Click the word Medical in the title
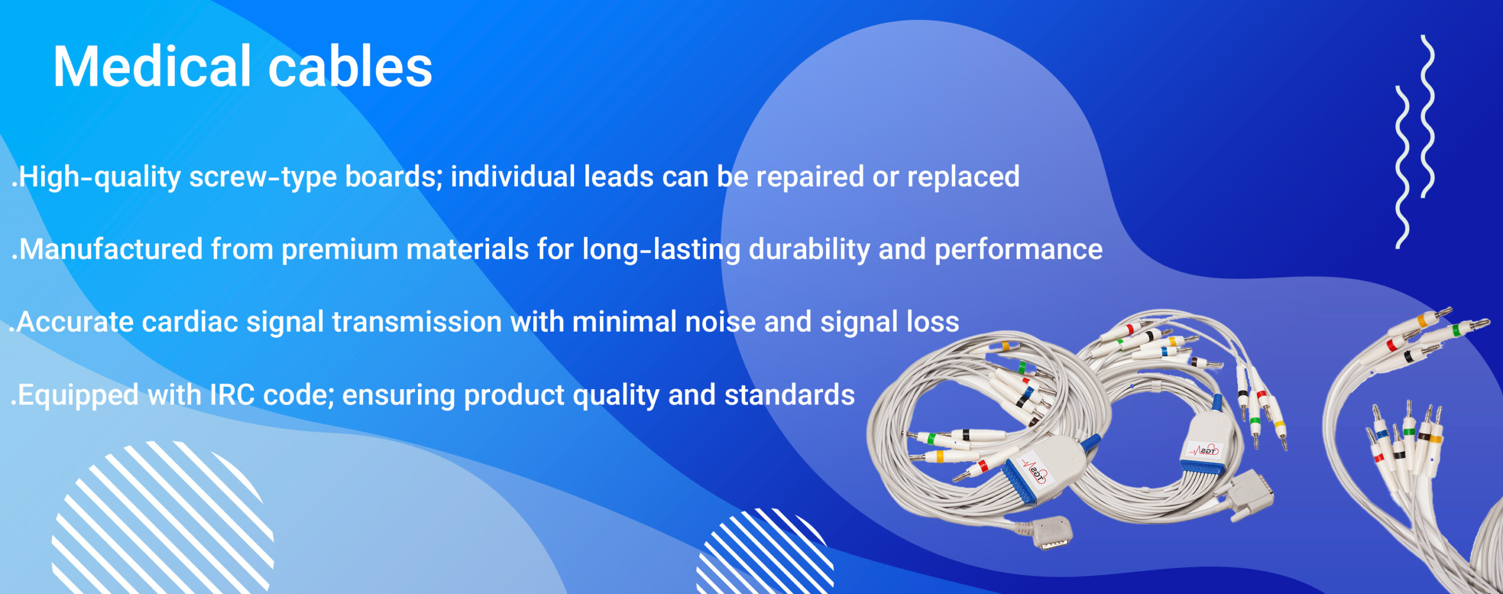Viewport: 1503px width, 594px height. click(152, 66)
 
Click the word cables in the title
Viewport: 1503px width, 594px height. click(350, 66)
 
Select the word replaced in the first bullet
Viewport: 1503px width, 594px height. click(963, 177)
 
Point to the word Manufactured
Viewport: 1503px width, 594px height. click(112, 249)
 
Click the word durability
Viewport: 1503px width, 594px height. click(809, 250)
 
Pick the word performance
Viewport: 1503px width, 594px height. click(1019, 250)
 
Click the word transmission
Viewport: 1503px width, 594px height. click(416, 322)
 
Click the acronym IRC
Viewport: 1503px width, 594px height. click(232, 394)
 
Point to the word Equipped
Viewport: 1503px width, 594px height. click(78, 396)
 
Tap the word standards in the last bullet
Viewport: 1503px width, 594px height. click(790, 394)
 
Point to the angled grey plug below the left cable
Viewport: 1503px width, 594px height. click(1053, 532)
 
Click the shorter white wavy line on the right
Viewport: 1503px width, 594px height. click(1402, 167)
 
